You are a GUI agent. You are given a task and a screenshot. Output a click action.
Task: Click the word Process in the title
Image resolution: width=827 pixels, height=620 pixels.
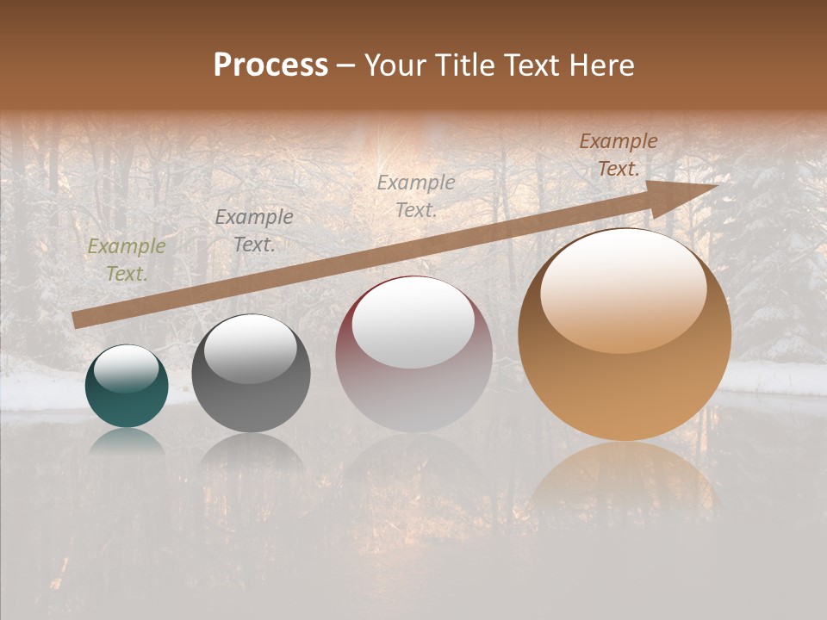(x=270, y=65)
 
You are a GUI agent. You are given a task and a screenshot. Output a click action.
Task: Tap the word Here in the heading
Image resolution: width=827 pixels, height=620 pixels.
(x=601, y=65)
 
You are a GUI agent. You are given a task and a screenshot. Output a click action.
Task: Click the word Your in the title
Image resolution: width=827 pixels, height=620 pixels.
(x=395, y=65)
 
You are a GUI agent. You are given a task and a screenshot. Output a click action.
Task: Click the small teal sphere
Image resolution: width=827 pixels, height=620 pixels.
(x=127, y=387)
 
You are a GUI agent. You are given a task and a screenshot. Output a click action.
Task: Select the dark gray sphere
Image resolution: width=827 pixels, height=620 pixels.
(x=251, y=374)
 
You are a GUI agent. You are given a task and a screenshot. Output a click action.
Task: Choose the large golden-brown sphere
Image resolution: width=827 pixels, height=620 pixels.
(x=624, y=336)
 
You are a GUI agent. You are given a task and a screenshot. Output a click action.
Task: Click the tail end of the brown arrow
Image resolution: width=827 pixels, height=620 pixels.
(x=78, y=319)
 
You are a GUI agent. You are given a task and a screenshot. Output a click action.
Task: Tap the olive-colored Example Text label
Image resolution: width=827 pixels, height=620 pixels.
(x=126, y=260)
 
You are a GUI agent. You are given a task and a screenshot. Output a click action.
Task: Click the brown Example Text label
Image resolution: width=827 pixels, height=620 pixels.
(x=618, y=155)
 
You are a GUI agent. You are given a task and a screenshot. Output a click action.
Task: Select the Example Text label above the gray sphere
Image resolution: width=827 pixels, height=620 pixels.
(x=253, y=231)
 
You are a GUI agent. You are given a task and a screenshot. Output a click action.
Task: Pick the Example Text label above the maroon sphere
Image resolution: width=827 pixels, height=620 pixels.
(x=415, y=196)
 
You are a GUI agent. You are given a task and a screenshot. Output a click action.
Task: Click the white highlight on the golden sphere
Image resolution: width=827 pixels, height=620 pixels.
(x=623, y=290)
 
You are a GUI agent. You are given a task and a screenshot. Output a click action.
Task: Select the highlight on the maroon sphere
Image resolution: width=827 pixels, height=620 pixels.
(x=413, y=323)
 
